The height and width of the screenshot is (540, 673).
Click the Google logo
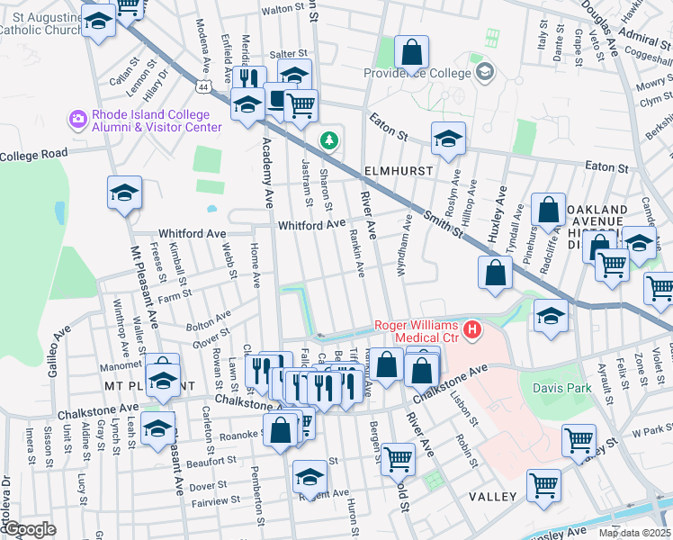coord(30,529)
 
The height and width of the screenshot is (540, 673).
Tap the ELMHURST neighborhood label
coord(399,169)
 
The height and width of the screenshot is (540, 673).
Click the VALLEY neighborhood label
coord(490,497)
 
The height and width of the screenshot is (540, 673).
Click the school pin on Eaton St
coord(448,139)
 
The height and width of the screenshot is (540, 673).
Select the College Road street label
coord(33,154)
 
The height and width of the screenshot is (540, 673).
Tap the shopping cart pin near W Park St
coord(579,439)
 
